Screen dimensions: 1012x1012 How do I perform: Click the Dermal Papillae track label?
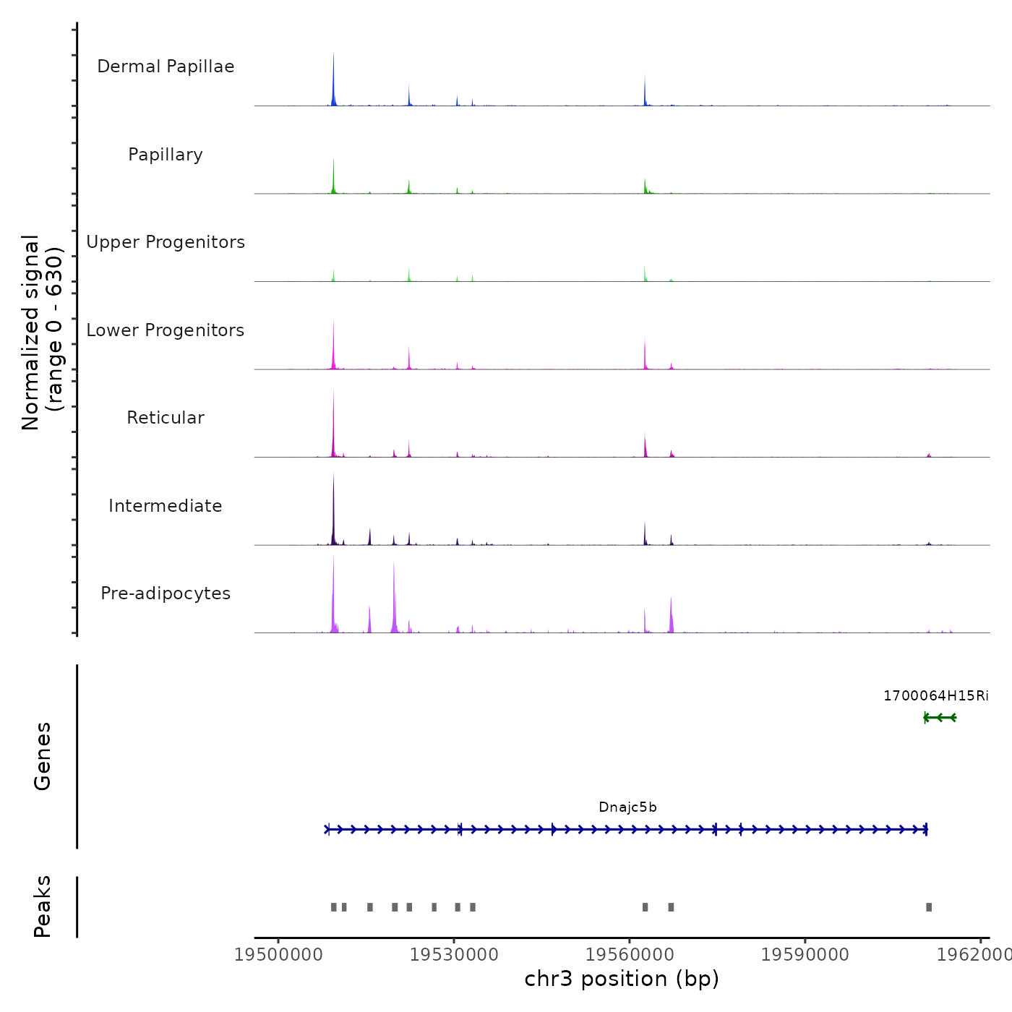166,67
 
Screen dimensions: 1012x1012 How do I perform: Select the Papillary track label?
166,155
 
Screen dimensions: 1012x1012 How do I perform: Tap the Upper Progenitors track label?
166,242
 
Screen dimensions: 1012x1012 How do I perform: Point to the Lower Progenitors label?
166,330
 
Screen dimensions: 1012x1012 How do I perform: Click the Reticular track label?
166,418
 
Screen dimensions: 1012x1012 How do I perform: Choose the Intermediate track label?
166,506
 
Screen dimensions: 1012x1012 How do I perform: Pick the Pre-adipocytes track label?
166,593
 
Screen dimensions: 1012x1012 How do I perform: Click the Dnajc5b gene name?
627,807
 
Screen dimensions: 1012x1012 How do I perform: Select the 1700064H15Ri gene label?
935,696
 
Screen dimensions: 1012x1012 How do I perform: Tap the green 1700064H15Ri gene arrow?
940,718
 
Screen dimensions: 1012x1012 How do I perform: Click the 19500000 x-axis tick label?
278,955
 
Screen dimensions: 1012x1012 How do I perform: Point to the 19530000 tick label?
454,955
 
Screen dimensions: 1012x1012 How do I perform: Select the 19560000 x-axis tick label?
630,955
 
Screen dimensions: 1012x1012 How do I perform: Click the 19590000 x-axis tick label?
805,955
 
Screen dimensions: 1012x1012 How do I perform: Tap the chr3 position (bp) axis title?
622,979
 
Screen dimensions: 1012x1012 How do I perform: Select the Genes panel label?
43,756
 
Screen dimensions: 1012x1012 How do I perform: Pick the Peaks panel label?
43,906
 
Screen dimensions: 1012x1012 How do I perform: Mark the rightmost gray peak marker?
929,907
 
